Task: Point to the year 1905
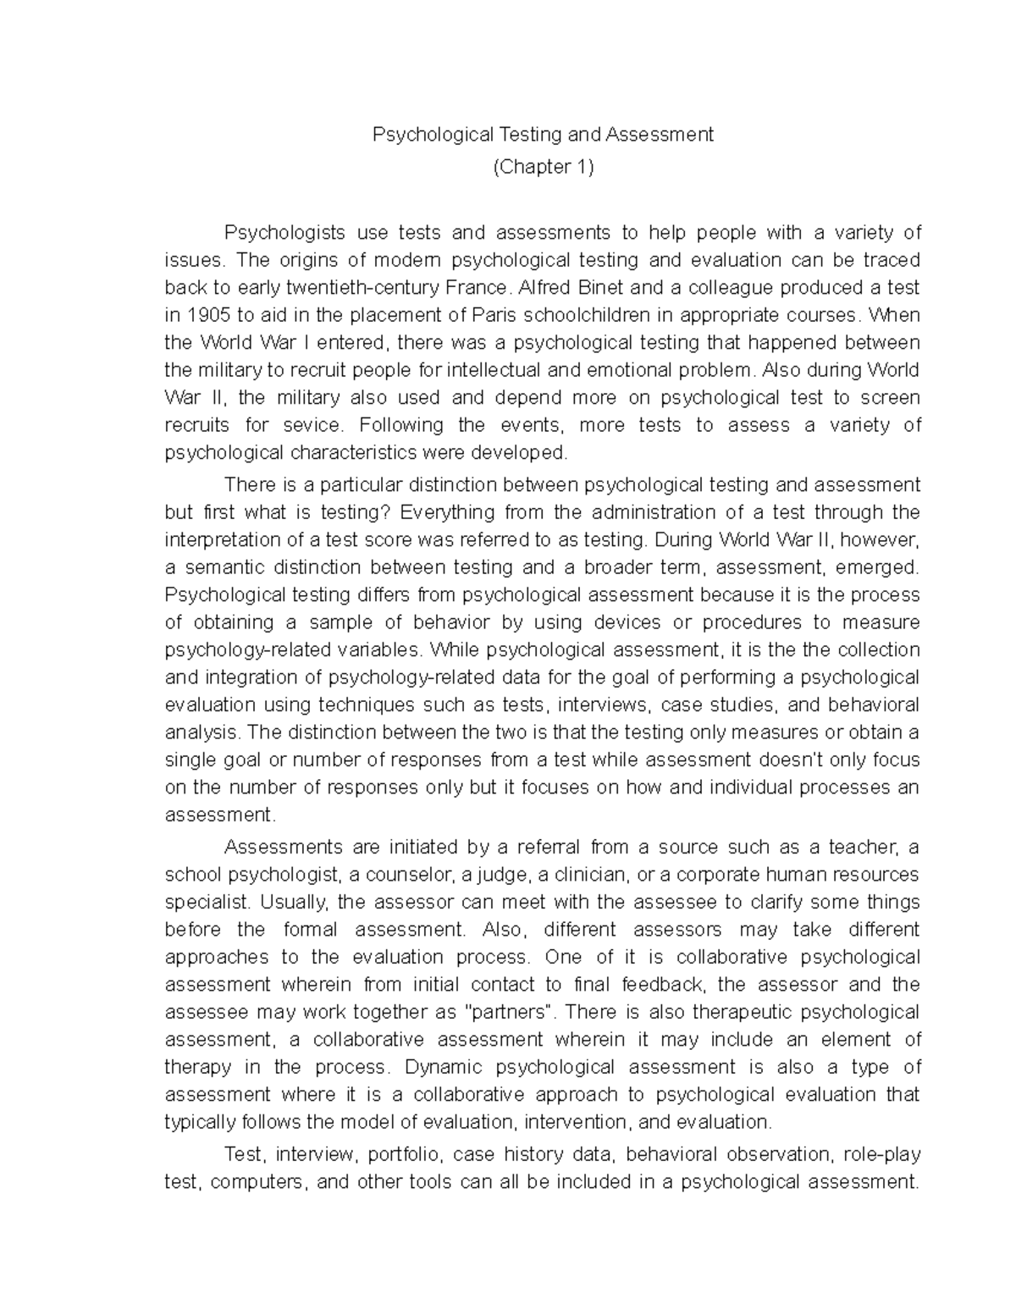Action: coord(207,315)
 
